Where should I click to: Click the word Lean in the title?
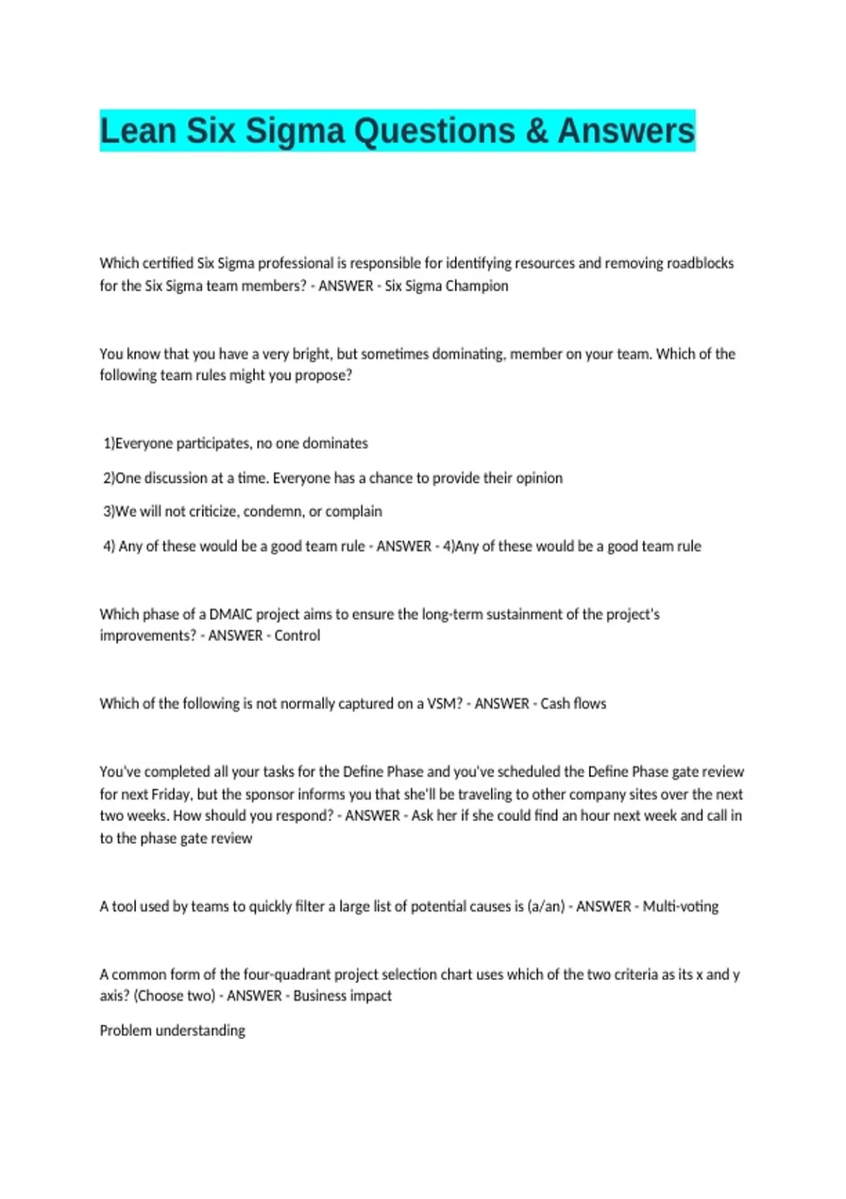pyautogui.click(x=137, y=131)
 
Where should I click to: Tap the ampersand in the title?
pyautogui.click(x=537, y=131)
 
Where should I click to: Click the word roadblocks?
pyautogui.click(x=700, y=263)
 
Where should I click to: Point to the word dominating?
pyautogui.click(x=468, y=353)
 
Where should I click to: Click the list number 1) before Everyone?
pyautogui.click(x=109, y=443)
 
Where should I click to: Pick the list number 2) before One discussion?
pyautogui.click(x=109, y=477)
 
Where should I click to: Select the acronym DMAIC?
pyautogui.click(x=231, y=614)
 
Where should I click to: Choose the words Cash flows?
pyautogui.click(x=573, y=703)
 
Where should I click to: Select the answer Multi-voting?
pyautogui.click(x=680, y=906)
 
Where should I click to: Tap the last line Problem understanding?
pyautogui.click(x=172, y=1030)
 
